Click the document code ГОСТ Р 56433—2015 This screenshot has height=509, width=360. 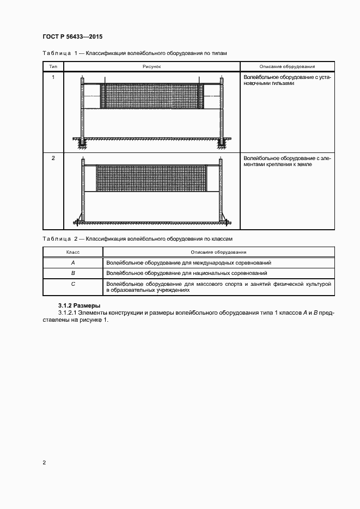pyautogui.click(x=72, y=37)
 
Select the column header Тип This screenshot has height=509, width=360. pyautogui.click(x=53, y=66)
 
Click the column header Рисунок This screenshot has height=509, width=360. pyautogui.click(x=152, y=66)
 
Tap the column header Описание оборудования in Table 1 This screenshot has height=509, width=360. pyautogui.click(x=287, y=66)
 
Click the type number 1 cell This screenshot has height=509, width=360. pyautogui.click(x=53, y=77)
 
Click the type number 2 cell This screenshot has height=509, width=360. pyautogui.click(x=53, y=158)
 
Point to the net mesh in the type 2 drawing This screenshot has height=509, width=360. pyautogui.click(x=151, y=178)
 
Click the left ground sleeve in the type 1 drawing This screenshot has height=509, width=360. pyautogui.click(x=82, y=143)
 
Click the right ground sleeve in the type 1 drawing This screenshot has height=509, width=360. pyautogui.click(x=222, y=143)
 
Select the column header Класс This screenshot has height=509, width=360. pyautogui.click(x=73, y=253)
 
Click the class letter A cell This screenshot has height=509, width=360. pyautogui.click(x=73, y=262)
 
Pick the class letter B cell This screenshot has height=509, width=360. pyautogui.click(x=73, y=273)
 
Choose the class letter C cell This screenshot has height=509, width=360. pyautogui.click(x=73, y=284)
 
